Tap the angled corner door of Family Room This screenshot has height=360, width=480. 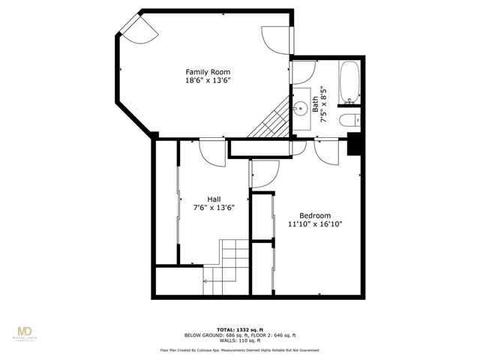(139, 29)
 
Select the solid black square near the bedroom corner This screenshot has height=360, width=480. (354, 145)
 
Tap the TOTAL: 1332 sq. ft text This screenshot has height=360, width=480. (239, 329)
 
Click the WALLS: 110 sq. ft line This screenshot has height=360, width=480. (239, 340)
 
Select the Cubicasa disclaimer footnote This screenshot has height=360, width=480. (239, 350)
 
